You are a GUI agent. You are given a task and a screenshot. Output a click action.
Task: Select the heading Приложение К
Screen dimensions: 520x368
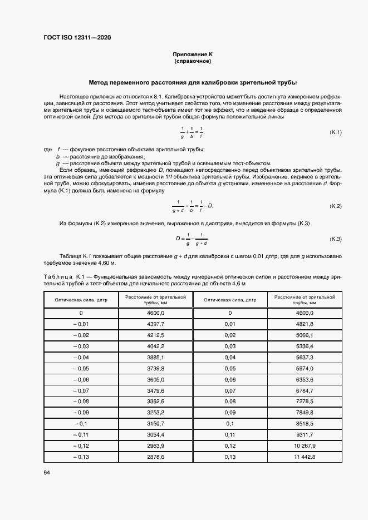[x=193, y=54]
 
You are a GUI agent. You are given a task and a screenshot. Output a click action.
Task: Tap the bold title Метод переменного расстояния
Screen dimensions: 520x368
[x=193, y=81]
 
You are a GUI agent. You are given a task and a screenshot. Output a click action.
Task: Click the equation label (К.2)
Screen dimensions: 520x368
[x=335, y=206]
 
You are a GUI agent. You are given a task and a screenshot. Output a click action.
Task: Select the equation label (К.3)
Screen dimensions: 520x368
[x=335, y=239]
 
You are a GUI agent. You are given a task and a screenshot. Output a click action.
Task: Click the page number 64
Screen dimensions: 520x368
[x=46, y=472]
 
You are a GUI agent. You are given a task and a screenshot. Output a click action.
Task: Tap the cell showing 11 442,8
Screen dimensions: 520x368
[x=304, y=457]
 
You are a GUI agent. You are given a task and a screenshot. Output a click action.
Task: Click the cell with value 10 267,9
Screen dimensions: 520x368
[x=304, y=445]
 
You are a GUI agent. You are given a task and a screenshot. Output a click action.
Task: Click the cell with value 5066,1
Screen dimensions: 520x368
[x=304, y=335]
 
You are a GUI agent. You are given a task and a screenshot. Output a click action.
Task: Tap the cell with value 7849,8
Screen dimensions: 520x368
[x=304, y=412]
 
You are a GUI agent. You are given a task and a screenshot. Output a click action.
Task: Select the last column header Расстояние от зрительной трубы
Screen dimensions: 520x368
[x=304, y=300]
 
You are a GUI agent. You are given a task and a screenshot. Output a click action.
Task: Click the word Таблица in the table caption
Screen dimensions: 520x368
[x=57, y=277]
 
